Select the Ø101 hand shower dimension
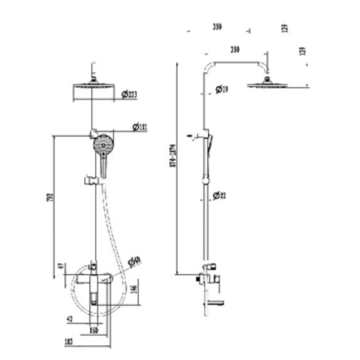coord(141,128)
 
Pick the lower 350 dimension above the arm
coord(235,50)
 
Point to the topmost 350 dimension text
coord(217,27)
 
